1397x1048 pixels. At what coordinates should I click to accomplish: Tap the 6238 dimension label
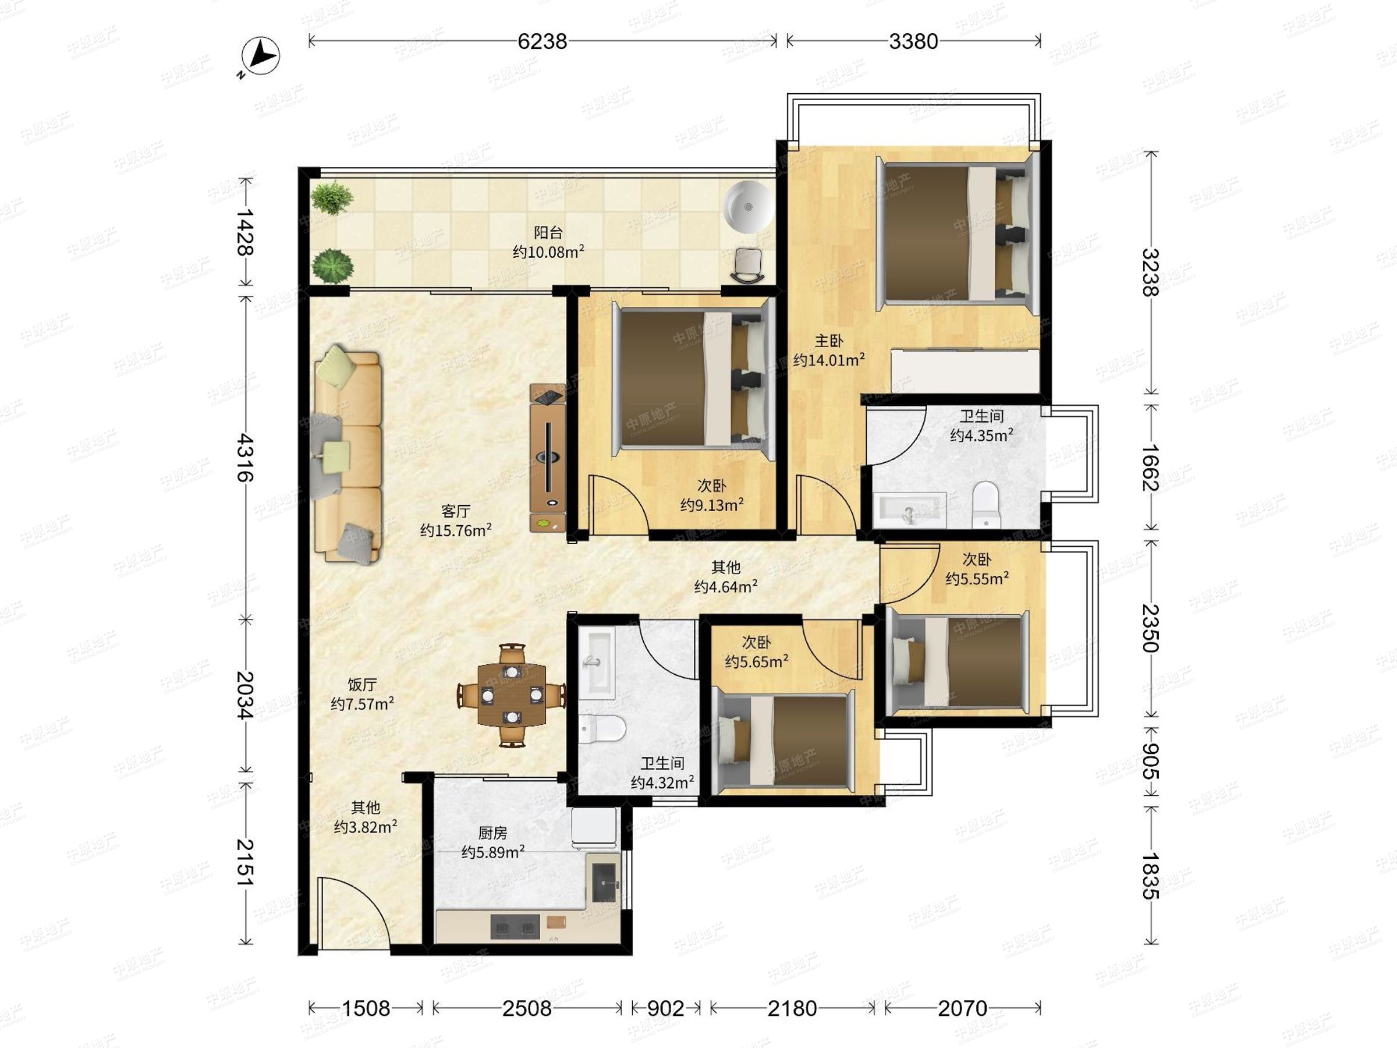point(542,41)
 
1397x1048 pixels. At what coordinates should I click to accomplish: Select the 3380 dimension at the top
point(913,41)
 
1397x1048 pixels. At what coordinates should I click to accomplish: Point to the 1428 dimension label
point(245,232)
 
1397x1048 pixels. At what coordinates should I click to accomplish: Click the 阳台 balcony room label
point(548,232)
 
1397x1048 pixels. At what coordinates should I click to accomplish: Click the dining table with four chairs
point(512,695)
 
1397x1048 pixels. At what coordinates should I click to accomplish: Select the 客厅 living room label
point(455,511)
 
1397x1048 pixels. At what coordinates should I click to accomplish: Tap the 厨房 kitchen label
point(492,833)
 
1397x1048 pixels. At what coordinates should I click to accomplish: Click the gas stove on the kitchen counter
point(515,927)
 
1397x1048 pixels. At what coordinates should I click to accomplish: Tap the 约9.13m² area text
point(712,505)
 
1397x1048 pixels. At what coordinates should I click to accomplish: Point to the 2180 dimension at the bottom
point(792,1008)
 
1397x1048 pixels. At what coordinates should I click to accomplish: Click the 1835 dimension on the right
point(1151,876)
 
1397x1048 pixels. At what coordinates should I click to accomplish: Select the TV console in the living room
point(548,458)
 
